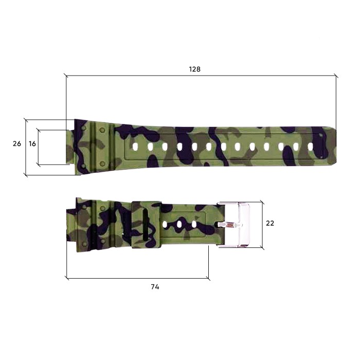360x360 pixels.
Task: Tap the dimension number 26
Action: [17, 144]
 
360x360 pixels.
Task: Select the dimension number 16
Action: [32, 144]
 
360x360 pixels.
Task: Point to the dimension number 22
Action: [270, 223]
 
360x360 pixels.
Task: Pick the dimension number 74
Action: [155, 287]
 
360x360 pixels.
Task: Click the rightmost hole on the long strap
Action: [310, 147]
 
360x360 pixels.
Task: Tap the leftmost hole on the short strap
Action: [166, 225]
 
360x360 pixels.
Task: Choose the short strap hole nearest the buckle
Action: [194, 225]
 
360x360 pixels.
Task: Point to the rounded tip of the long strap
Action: [333, 147]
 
